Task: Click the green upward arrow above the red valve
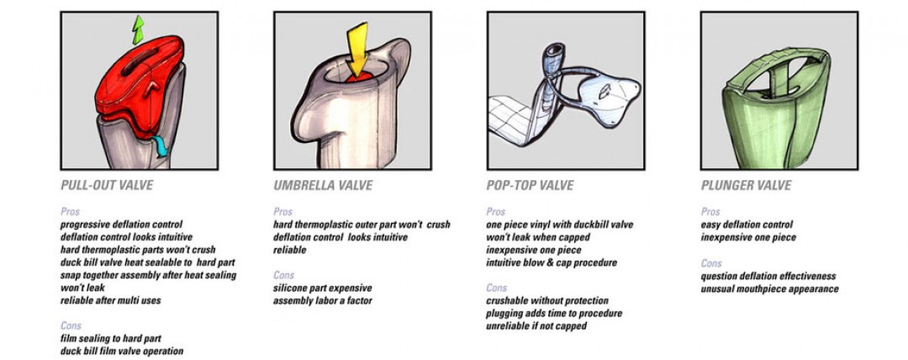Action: [137, 29]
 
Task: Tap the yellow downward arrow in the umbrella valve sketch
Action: [356, 50]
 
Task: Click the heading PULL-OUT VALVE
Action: [107, 186]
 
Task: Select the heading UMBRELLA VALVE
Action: [323, 186]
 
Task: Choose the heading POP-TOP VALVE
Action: [530, 186]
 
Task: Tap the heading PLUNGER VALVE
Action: [746, 186]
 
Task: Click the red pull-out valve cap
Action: [139, 81]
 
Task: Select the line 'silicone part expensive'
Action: [323, 289]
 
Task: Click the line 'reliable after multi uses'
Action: [111, 300]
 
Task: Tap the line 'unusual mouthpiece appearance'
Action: [769, 289]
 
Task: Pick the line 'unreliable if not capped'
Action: [536, 326]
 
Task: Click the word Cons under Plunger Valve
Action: [711, 263]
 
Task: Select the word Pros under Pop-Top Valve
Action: [496, 212]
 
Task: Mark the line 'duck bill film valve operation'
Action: [122, 351]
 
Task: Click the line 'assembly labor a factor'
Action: [323, 301]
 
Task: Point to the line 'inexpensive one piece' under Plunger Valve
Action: [748, 237]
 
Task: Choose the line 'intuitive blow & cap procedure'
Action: [552, 262]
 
